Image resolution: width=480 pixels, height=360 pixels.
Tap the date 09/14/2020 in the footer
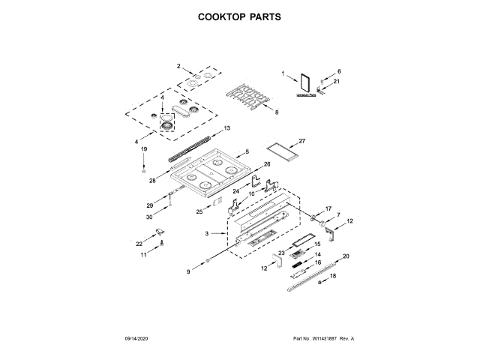139,339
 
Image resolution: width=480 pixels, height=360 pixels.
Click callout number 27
302,141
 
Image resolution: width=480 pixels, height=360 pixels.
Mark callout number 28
152,180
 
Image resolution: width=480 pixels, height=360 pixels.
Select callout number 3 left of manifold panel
208,233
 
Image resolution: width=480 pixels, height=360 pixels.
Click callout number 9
189,271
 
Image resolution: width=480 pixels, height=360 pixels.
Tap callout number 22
139,244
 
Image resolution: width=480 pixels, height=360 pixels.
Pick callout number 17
328,208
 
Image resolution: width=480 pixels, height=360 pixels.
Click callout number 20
346,256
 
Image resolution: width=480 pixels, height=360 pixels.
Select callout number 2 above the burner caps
178,66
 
